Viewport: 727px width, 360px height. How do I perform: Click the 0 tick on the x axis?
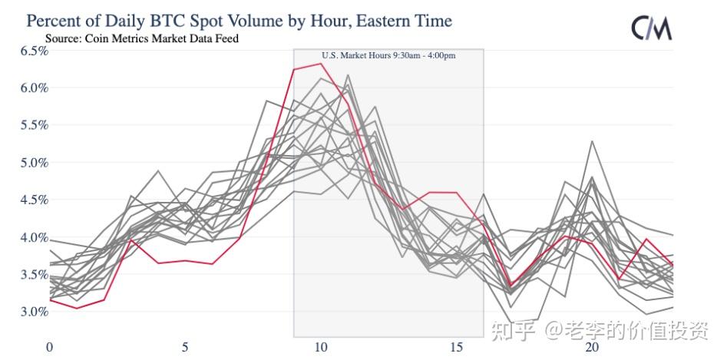click(x=50, y=348)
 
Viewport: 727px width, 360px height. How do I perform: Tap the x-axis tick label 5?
click(x=185, y=348)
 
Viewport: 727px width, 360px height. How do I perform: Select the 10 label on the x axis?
click(x=321, y=348)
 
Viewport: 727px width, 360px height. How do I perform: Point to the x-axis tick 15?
click(x=456, y=348)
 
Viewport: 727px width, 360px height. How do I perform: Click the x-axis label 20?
click(x=592, y=348)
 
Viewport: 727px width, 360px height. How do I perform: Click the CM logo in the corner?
click(x=652, y=28)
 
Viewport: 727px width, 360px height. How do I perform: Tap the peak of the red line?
click(x=321, y=63)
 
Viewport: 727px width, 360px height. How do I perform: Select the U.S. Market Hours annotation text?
click(x=388, y=55)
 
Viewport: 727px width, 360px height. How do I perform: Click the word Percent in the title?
click(x=56, y=20)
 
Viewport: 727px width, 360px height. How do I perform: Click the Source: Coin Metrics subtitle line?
click(x=141, y=38)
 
